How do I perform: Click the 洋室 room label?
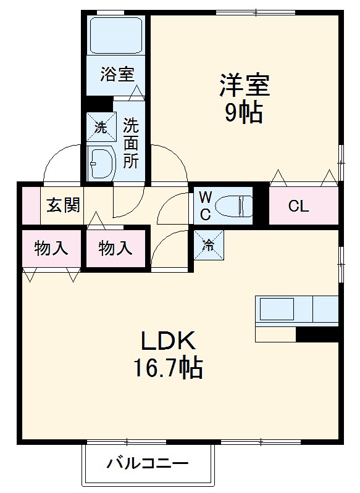coord(245,85)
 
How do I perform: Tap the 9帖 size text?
coord(244,113)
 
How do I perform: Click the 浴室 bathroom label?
coord(117,75)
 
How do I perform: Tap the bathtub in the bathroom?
coord(117,36)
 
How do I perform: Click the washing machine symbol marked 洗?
coord(101,128)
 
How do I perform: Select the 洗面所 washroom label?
coord(130,144)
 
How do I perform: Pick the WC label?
coord(206,206)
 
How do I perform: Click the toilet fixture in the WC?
coord(235,205)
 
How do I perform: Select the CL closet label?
coord(298,207)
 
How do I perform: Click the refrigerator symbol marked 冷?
coord(209,245)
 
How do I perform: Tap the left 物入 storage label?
coord(51,249)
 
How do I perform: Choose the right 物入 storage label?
coord(115,249)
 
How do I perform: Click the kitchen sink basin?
coord(276,309)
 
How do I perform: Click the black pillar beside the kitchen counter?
coord(317,334)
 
